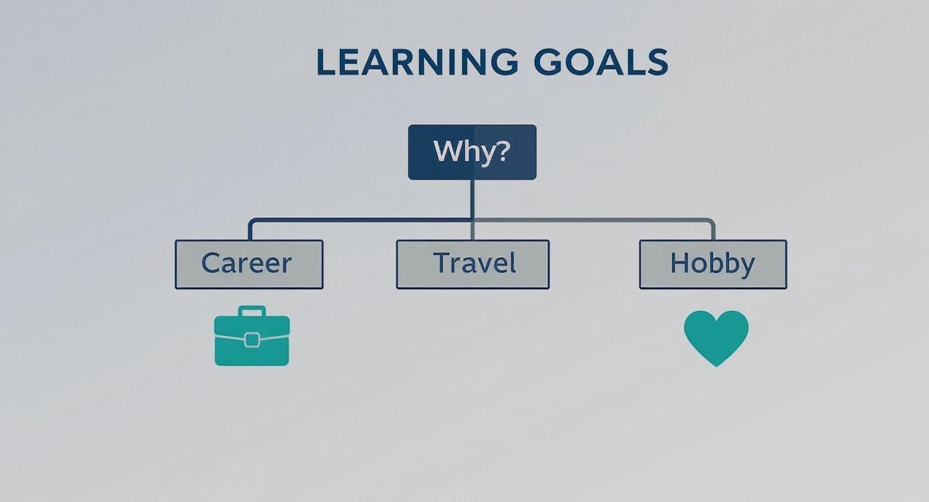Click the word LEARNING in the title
[x=417, y=62]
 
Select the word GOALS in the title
[x=601, y=62]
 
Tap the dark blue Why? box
[x=472, y=152]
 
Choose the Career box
[x=249, y=264]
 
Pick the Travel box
[x=473, y=264]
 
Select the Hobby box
[x=713, y=264]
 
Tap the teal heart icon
[x=716, y=336]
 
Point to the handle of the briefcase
[x=252, y=310]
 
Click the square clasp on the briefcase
[x=252, y=340]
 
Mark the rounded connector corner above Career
[x=252, y=221]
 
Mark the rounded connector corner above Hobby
[x=711, y=222]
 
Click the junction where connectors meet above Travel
[x=473, y=219]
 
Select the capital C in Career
[x=212, y=263]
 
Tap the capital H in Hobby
[x=679, y=263]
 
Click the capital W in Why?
[x=447, y=152]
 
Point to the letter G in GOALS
[x=548, y=62]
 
